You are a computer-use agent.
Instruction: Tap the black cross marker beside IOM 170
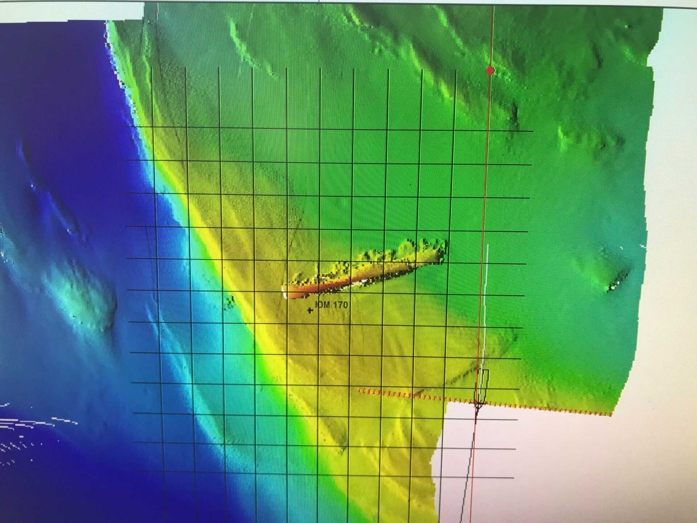310,310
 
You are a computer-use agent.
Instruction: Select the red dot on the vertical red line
490,70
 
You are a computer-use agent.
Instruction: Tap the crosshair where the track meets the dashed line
478,403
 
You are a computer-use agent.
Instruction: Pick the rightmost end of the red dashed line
611,414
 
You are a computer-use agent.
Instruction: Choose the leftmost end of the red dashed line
360,391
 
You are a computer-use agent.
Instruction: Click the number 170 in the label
340,304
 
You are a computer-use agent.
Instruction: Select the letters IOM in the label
322,304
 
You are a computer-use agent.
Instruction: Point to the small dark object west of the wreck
230,303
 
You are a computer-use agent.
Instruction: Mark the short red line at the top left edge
157,11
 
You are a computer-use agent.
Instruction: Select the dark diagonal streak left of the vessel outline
461,378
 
